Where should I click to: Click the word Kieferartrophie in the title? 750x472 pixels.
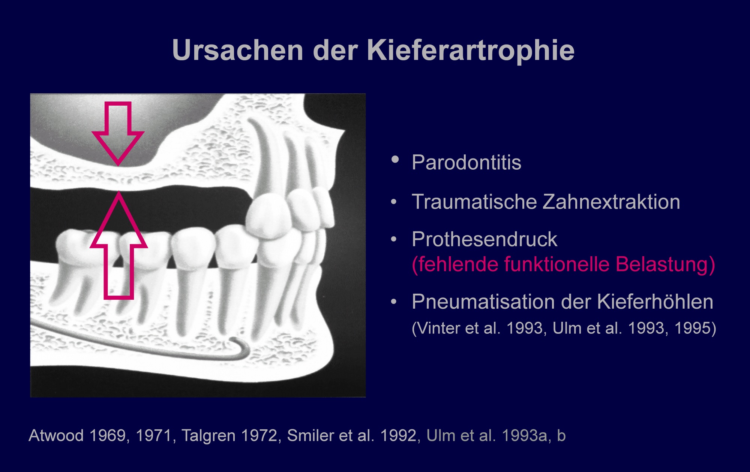pos(471,51)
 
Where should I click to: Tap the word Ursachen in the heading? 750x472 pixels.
pos(238,50)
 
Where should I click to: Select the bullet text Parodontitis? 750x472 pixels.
pos(466,163)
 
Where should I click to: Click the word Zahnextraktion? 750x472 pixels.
pos(612,202)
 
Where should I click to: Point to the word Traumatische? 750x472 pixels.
pos(474,202)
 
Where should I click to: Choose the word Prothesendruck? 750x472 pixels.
pos(484,239)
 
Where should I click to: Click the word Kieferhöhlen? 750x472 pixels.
pos(655,302)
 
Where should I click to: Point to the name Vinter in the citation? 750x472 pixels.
pos(438,328)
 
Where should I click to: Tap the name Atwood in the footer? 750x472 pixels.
pos(56,436)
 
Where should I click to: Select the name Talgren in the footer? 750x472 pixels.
pos(208,436)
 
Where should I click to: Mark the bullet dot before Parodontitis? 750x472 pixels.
pos(395,160)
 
